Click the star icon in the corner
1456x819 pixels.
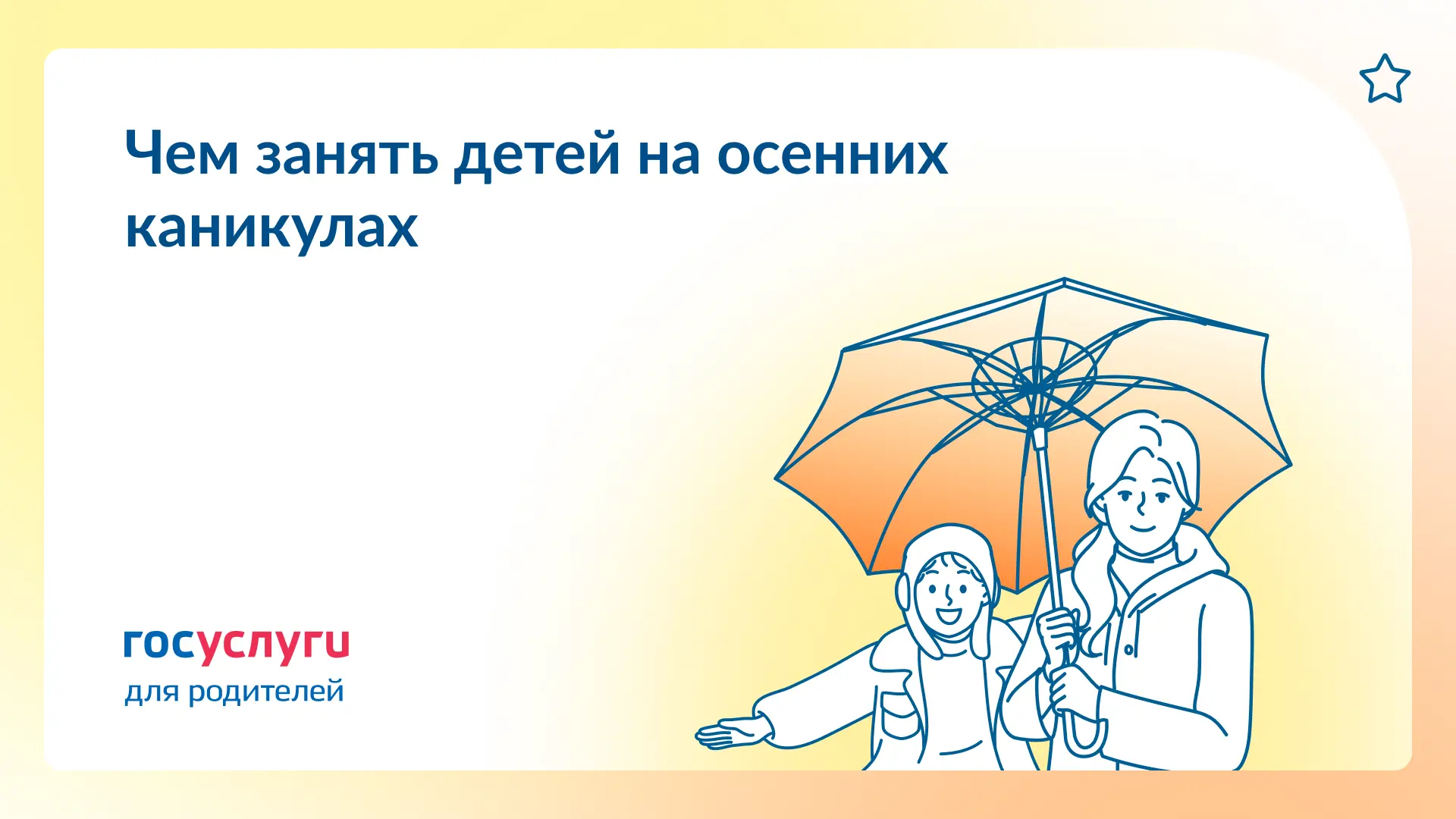(1385, 79)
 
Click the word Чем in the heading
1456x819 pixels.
(182, 153)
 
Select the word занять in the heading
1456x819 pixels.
(347, 155)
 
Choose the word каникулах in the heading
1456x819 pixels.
(271, 227)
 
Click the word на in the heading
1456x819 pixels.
(669, 156)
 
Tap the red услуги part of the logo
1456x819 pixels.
(273, 646)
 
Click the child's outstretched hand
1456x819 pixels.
(733, 732)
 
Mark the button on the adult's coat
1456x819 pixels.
(1129, 650)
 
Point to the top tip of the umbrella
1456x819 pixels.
(1064, 279)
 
